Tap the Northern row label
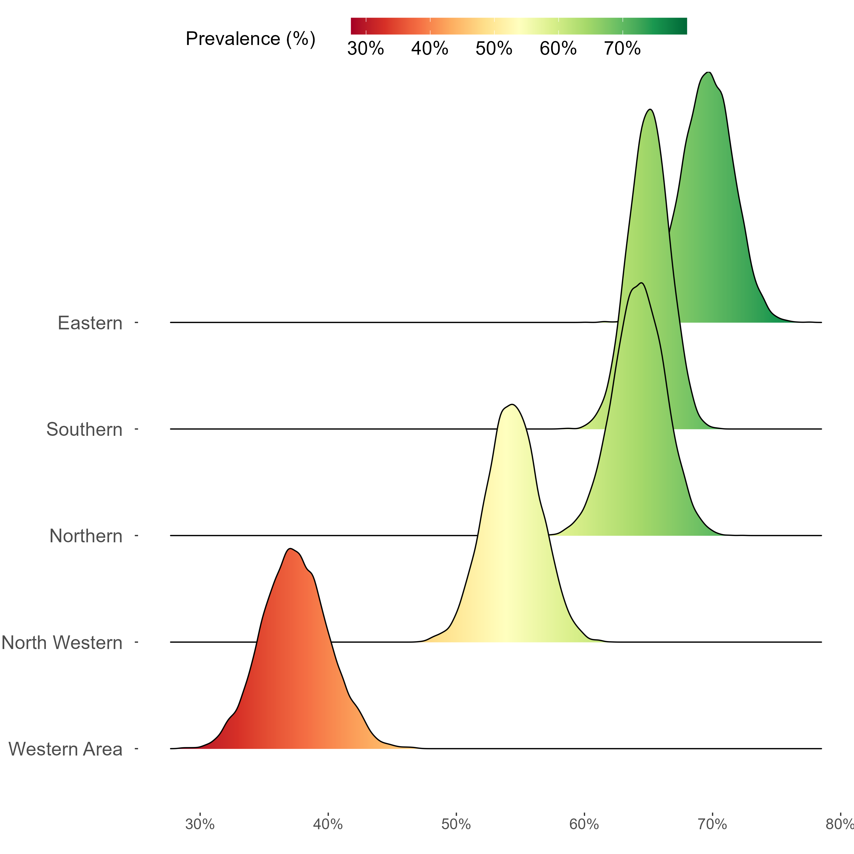tap(86, 536)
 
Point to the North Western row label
tap(62, 643)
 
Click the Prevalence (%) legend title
tap(250, 39)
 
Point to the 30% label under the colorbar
tap(366, 49)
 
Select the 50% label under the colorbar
tap(494, 49)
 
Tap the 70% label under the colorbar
tap(622, 49)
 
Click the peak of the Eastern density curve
tap(709, 73)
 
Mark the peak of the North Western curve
tap(512, 405)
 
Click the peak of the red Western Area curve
tap(290, 549)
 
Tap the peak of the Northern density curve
tap(641, 283)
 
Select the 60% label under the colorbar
tap(558, 49)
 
